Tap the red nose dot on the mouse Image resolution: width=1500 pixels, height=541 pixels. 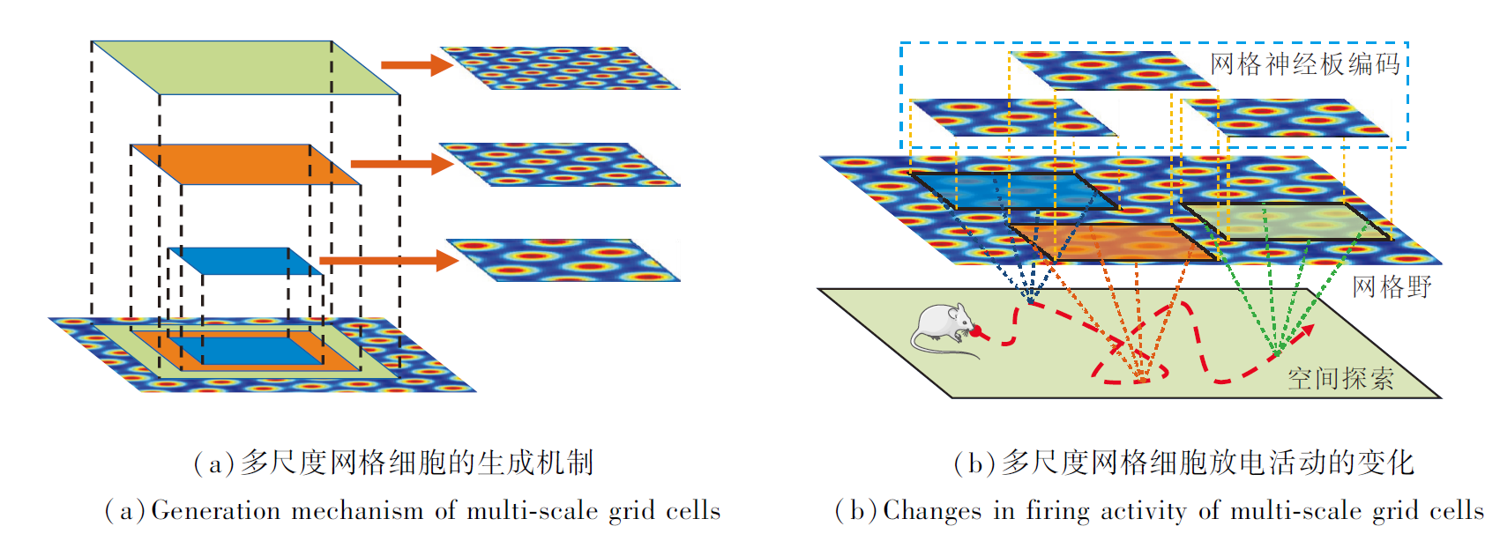(x=977, y=331)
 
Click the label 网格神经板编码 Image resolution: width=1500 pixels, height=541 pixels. (x=1305, y=64)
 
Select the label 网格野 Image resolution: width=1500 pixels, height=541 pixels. (x=1392, y=286)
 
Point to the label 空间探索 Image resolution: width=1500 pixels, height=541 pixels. (x=1340, y=379)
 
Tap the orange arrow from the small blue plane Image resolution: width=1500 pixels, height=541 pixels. (x=388, y=260)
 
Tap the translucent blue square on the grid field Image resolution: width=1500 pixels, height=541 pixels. (x=1014, y=190)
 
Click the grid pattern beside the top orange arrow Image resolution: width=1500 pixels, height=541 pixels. (x=560, y=68)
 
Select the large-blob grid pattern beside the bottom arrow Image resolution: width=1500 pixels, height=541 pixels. (x=564, y=260)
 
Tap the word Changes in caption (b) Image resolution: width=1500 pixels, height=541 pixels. (x=931, y=511)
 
